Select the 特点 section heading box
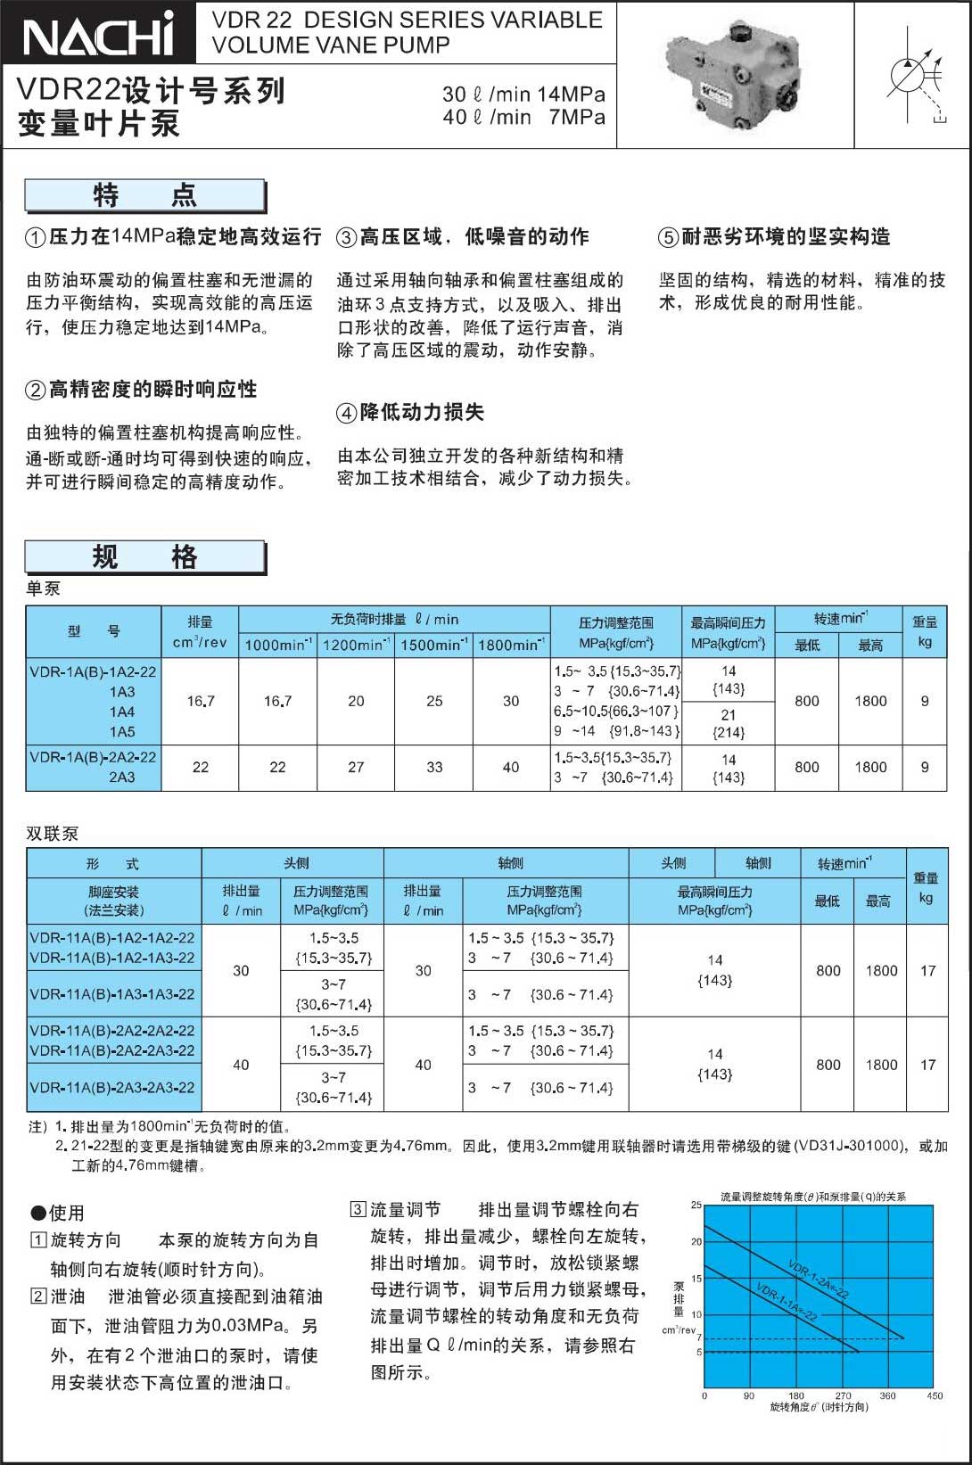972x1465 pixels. point(145,195)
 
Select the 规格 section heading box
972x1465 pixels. point(145,557)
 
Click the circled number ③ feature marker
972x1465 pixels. point(346,237)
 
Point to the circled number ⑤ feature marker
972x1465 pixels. point(668,237)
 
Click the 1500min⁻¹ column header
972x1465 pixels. point(434,645)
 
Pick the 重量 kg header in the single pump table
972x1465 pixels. point(925,631)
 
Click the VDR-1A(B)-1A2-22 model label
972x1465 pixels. point(93,671)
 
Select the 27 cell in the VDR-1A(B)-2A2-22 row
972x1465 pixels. point(356,767)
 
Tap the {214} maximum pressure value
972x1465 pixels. point(729,733)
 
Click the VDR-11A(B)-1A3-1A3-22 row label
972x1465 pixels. point(112,994)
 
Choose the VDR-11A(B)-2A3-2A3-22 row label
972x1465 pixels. point(112,1088)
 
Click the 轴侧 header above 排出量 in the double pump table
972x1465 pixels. point(510,862)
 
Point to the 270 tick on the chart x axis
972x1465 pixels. point(843,1395)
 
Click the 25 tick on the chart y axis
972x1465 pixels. point(696,1205)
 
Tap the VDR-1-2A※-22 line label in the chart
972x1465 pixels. point(817,1278)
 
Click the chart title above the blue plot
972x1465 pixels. point(812,1197)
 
